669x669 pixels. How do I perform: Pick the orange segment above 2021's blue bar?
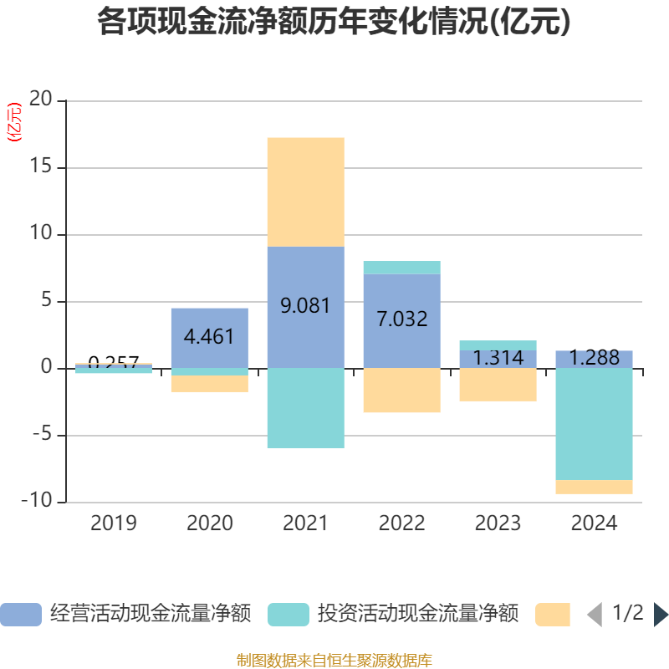[x=305, y=192]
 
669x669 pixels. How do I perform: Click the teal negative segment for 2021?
[x=305, y=408]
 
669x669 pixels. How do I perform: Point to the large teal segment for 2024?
[x=594, y=424]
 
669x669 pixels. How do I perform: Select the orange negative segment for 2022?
[x=401, y=391]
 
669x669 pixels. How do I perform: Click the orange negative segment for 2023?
[x=498, y=385]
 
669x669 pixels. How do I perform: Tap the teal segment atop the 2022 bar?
[x=401, y=268]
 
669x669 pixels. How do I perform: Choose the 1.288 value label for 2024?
[x=594, y=359]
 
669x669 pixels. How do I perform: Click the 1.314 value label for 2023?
[x=498, y=358]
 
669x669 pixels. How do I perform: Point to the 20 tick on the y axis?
[x=40, y=100]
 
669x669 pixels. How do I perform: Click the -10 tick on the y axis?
[x=37, y=502]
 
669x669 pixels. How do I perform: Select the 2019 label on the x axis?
[x=113, y=523]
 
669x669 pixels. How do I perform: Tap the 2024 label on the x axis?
[x=594, y=523]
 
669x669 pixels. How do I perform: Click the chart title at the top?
[x=334, y=22]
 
